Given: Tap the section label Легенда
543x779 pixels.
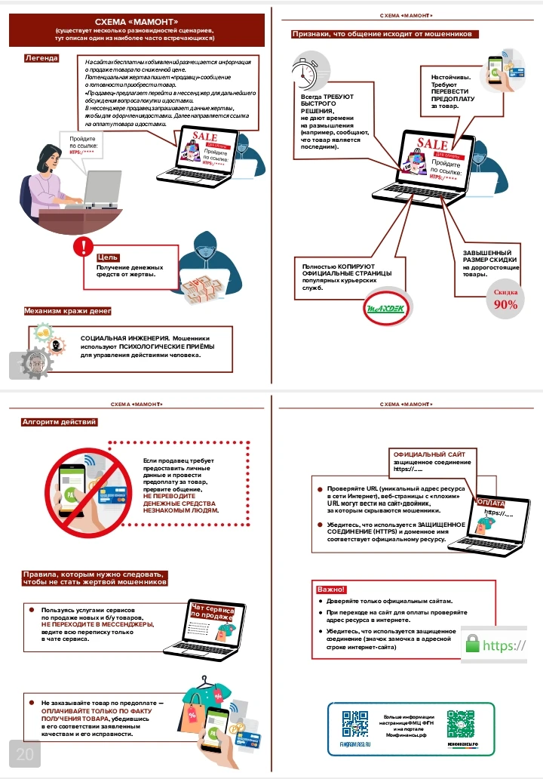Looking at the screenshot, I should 41,57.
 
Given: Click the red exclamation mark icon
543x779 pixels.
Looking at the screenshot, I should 81,247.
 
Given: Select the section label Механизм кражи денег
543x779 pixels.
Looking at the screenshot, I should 68,311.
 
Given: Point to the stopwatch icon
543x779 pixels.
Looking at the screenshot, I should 305,73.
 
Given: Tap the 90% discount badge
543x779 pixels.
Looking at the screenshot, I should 505,300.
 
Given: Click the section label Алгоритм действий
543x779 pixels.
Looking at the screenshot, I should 60,422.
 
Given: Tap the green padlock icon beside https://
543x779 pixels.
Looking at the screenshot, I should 473,644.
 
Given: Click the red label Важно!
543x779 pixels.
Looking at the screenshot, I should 330,589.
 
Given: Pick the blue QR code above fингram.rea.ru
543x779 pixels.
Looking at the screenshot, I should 354,722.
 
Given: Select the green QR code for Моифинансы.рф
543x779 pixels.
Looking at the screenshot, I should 460,722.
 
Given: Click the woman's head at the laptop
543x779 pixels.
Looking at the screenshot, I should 48,159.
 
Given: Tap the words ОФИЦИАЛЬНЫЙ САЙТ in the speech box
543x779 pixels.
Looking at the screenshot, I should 424,454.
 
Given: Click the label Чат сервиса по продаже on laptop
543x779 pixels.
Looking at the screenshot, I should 212,612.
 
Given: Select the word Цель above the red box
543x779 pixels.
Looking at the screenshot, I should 107,257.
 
